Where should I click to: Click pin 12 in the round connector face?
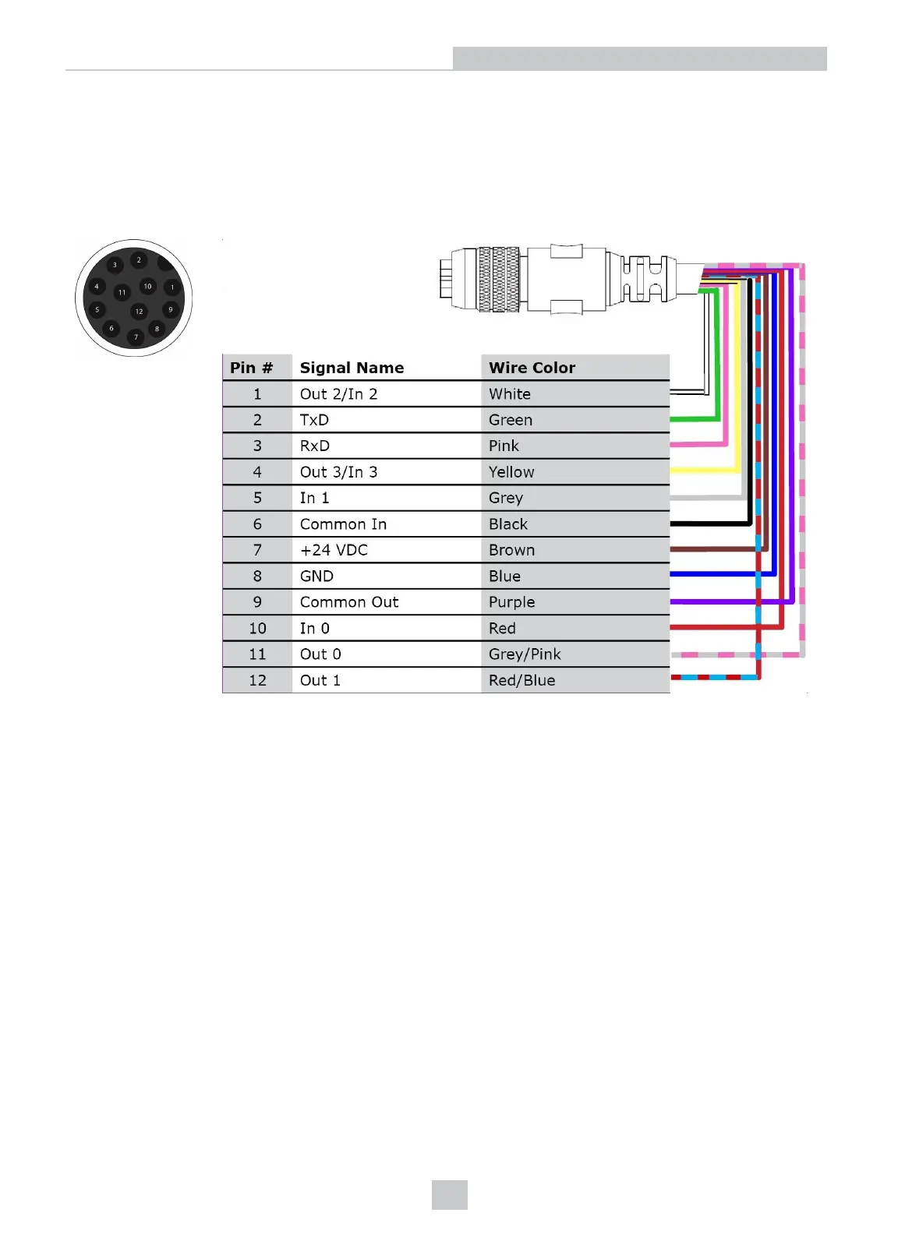pyautogui.click(x=139, y=312)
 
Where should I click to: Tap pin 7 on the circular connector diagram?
pyautogui.click(x=136, y=337)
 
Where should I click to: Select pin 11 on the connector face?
pyautogui.click(x=122, y=292)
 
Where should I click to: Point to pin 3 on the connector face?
pyautogui.click(x=115, y=265)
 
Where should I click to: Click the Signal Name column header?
pyautogui.click(x=352, y=368)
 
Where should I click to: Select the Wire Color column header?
pyautogui.click(x=532, y=368)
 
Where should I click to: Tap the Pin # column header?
pyautogui.click(x=251, y=368)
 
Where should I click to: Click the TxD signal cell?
pyautogui.click(x=314, y=420)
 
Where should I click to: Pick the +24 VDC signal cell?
pyautogui.click(x=334, y=550)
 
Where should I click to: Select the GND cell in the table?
pyautogui.click(x=316, y=576)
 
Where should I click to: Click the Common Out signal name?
pyautogui.click(x=349, y=602)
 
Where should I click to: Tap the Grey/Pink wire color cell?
pyautogui.click(x=525, y=654)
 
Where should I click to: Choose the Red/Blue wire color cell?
pyautogui.click(x=521, y=680)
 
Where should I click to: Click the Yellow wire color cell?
pyautogui.click(x=511, y=472)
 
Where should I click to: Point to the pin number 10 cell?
pyautogui.click(x=257, y=628)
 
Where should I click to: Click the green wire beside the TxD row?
pyautogui.click(x=694, y=419)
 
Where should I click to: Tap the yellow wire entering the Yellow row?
pyautogui.click(x=702, y=471)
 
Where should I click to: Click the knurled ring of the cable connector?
pyautogui.click(x=499, y=280)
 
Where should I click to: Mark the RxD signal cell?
pyautogui.click(x=315, y=446)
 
